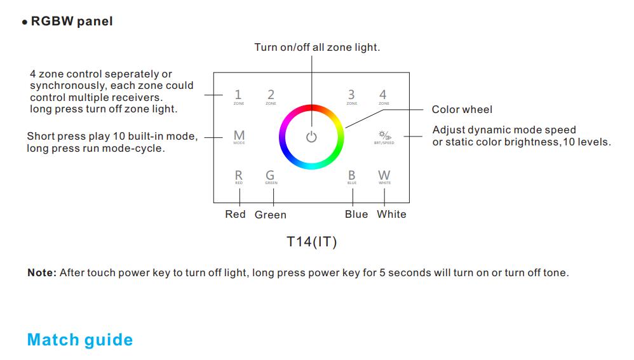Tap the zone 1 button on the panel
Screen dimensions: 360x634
238,96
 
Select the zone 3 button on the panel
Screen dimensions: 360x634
351,96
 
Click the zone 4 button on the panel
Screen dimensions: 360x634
383,96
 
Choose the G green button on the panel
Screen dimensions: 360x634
271,177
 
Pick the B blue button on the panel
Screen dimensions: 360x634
351,177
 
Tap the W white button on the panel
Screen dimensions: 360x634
384,177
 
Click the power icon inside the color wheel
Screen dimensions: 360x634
311,137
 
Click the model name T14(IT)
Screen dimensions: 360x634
311,242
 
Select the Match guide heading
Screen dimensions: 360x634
80,340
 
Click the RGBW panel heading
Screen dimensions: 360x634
72,22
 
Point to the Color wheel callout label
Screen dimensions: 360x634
462,110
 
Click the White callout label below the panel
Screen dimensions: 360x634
391,214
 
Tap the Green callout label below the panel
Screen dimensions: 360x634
271,215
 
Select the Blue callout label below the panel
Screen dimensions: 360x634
356,214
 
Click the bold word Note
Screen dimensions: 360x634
42,273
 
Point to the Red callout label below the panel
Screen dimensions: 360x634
235,214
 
